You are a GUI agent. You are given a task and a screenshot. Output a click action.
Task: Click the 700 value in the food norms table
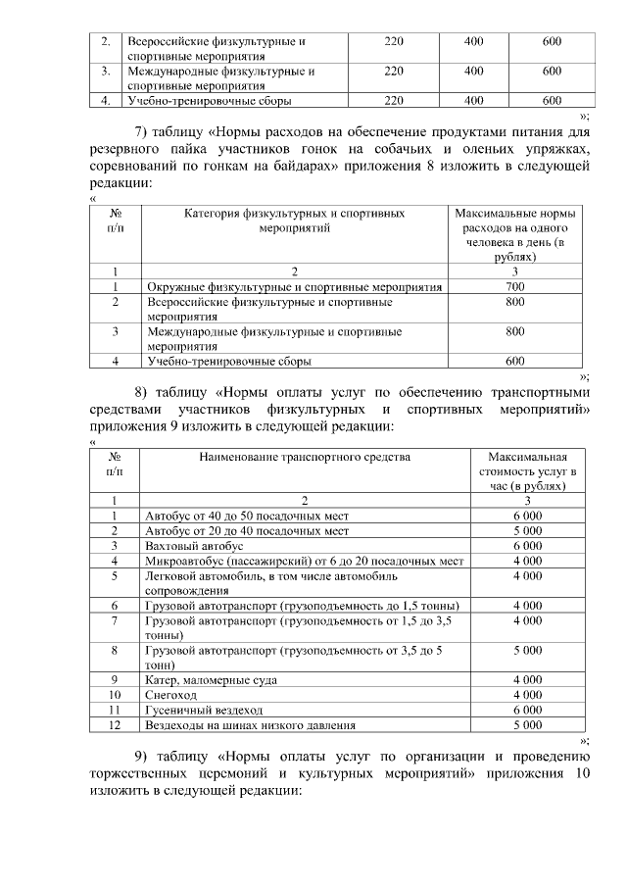coord(514,287)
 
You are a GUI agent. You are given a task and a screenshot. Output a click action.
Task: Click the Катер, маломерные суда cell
coord(211,679)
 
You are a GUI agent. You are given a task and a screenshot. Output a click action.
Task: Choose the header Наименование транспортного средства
coord(304,457)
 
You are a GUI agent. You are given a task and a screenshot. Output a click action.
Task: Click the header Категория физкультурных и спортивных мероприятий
coord(294,220)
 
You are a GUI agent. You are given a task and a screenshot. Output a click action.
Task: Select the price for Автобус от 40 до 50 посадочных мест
coord(527,515)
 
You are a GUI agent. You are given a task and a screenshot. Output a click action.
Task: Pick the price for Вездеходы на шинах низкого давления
coord(527,725)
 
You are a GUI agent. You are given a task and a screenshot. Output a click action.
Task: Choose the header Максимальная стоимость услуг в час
coord(527,471)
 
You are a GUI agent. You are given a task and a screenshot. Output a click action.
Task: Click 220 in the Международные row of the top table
coord(394,72)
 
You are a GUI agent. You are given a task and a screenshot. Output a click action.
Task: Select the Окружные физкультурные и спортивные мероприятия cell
coord(294,287)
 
